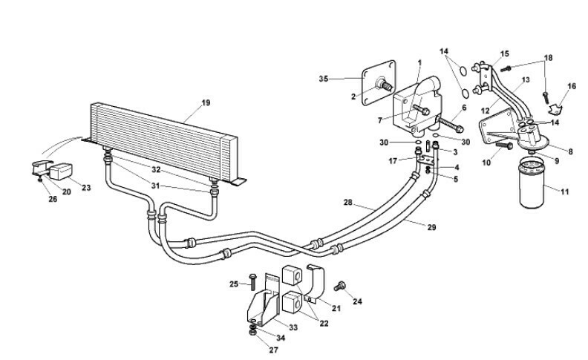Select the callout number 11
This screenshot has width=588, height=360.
[565, 192]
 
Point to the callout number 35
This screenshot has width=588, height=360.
[323, 79]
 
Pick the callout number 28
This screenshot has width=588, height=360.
[347, 203]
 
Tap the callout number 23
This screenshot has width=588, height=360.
[86, 188]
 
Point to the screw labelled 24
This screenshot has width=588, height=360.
[342, 286]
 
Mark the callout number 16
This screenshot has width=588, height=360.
[572, 87]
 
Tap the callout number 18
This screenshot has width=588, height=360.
[549, 58]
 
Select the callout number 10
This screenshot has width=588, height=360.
[487, 162]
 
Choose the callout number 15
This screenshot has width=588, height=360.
[504, 53]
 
